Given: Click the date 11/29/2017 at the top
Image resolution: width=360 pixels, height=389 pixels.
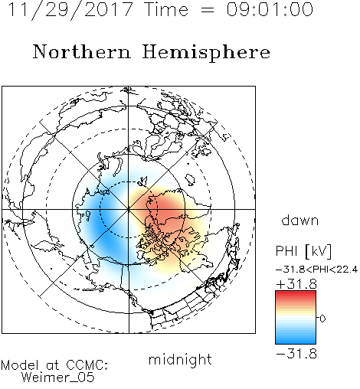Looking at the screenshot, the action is [70, 10].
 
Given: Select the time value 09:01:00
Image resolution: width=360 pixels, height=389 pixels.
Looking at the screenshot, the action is [270, 10].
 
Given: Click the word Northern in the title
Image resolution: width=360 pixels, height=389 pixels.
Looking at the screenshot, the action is [82, 52].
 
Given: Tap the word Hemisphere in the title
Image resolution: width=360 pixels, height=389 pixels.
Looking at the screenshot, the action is [206, 53].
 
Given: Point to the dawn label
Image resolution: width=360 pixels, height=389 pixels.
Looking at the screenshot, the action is [300, 220].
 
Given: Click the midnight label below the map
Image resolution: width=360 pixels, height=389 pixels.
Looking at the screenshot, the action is [180, 359].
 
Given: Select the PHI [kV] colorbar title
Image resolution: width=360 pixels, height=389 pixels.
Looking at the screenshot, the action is [303, 251].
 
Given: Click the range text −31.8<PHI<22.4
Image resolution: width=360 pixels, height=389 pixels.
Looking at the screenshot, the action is [316, 270].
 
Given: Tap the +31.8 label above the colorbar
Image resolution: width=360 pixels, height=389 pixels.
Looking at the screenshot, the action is [296, 284].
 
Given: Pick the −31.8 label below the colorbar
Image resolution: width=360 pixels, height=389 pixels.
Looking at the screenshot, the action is [296, 354].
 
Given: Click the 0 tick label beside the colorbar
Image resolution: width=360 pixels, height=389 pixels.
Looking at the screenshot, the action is [322, 319].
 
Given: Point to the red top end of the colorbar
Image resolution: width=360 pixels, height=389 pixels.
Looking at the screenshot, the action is [296, 293].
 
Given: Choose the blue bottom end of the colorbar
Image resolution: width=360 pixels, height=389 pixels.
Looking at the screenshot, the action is [296, 342].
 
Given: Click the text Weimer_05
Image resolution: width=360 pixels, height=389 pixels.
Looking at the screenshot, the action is [58, 377].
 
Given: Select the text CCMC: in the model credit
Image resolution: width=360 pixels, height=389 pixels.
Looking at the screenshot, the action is [87, 365].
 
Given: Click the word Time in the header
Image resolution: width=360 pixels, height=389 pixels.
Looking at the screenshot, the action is [166, 10].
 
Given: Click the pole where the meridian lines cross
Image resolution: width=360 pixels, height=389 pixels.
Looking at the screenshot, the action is [129, 209].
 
